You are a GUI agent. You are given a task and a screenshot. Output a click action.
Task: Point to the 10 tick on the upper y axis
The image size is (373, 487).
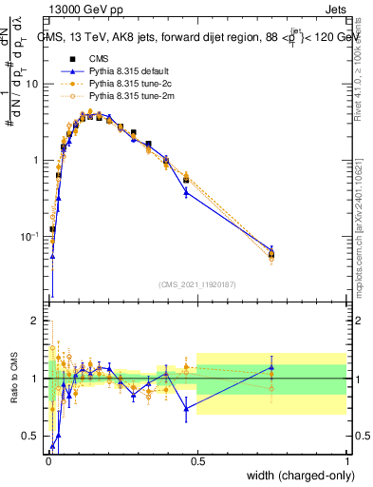pos(33,84)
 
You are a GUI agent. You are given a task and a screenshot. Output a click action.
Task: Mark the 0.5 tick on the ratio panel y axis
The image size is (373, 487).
pos(33,437)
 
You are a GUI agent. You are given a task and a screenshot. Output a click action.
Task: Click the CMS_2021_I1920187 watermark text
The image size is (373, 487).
pos(197,284)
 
